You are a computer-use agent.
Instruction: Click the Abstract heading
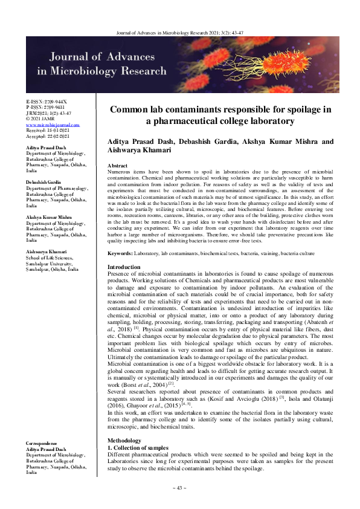coord(117,165)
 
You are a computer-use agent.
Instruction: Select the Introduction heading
coord(123,267)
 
